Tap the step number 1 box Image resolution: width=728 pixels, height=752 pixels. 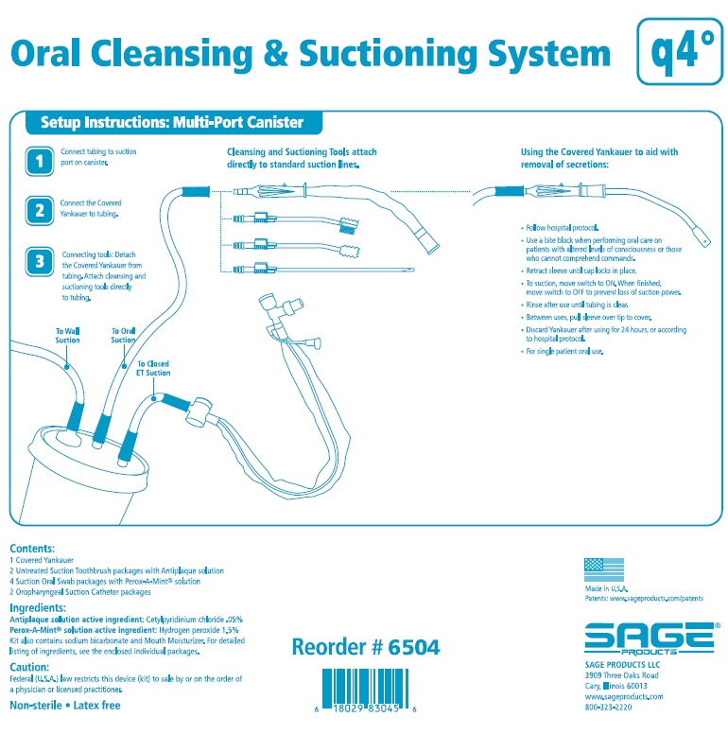[x=39, y=162]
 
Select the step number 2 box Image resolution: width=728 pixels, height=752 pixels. [x=39, y=210]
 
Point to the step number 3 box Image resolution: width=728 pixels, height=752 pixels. [x=39, y=262]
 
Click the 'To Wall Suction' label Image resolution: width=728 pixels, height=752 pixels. [x=67, y=335]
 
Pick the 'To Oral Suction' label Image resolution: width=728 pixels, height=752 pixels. [x=124, y=335]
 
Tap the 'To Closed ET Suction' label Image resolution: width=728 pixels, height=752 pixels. [x=154, y=368]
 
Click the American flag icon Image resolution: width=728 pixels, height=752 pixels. [x=597, y=568]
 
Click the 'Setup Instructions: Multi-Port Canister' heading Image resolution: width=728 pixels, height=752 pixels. [x=171, y=123]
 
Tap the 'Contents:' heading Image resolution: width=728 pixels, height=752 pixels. [x=32, y=549]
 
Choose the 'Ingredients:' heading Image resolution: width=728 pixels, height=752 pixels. [x=38, y=607]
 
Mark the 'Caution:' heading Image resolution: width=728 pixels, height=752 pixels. [x=29, y=667]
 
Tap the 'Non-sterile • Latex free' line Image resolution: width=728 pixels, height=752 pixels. [x=64, y=705]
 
